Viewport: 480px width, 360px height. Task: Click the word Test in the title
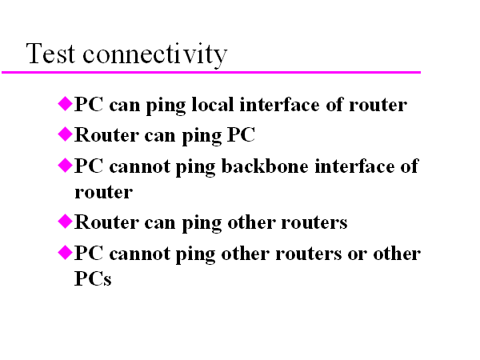(x=51, y=54)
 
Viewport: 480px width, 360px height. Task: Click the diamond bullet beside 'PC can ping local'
(x=66, y=103)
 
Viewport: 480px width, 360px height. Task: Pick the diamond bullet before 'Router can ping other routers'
(x=66, y=220)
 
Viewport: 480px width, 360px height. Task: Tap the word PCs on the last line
(x=93, y=281)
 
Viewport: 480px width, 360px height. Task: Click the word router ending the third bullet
(x=103, y=192)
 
